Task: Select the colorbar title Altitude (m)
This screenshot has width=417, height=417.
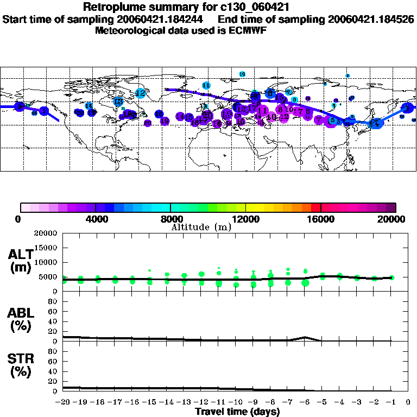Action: coord(201,227)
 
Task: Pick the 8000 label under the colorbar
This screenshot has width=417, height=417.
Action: coord(170,219)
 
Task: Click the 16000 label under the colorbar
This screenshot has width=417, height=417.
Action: coord(321,219)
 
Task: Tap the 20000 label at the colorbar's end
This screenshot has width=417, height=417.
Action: coord(395,219)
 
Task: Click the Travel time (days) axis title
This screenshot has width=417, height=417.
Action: coord(237,412)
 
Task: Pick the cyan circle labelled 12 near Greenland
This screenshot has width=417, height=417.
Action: coord(141,93)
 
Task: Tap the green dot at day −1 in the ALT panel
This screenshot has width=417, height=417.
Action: coord(391,277)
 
